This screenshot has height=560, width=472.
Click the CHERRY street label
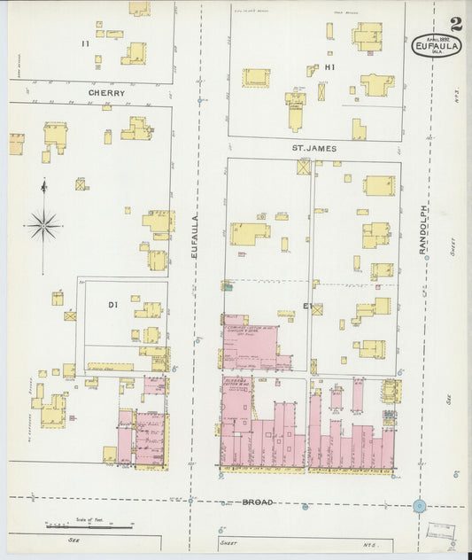pos(105,92)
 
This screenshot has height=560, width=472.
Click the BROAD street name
pos(258,502)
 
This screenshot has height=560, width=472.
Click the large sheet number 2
pos(454,24)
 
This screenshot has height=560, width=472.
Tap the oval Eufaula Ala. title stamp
pos(437,45)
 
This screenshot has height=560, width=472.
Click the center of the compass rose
pos(43,225)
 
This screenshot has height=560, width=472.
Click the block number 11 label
pos(85,43)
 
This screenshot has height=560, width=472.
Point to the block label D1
pos(112,305)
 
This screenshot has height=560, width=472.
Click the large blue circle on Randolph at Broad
pos(419,507)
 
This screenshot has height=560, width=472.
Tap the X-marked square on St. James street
pos(305,167)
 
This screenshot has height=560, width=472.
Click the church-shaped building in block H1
pos(295,108)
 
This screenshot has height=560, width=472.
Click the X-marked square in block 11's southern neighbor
pos(81,184)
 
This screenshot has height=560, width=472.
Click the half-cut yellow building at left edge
pos(16,144)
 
